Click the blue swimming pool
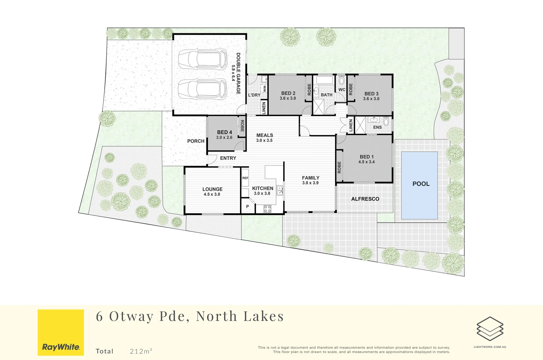(x=419, y=185)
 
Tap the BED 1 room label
(x=367, y=157)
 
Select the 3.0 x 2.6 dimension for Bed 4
(x=224, y=137)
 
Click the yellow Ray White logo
(x=61, y=332)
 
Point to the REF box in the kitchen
(x=245, y=178)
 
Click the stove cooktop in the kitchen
(x=267, y=209)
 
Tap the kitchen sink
(x=280, y=190)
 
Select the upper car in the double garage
(x=202, y=59)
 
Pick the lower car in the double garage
(x=202, y=89)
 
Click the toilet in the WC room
(x=342, y=80)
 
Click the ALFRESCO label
(x=365, y=199)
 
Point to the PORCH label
(x=196, y=141)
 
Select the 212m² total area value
(x=141, y=351)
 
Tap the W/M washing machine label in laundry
(x=264, y=88)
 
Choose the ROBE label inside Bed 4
(x=242, y=126)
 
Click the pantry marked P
(x=248, y=207)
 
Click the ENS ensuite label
(x=377, y=127)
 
